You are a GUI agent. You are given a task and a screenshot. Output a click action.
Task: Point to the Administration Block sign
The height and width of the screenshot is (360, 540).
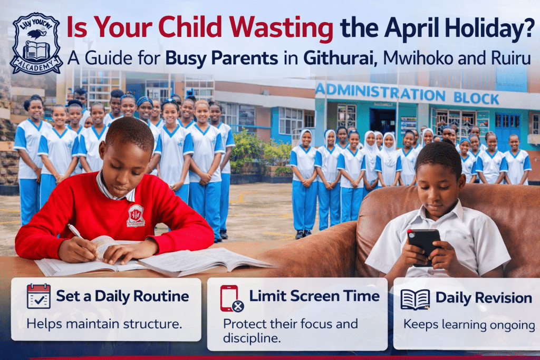(407, 93)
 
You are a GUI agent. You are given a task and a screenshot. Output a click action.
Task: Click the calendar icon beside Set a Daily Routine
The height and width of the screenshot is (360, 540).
(38, 296)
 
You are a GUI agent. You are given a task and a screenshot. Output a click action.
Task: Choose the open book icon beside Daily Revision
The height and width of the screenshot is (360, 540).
(415, 299)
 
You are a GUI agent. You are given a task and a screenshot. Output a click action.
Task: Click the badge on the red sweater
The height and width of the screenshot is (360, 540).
(136, 215)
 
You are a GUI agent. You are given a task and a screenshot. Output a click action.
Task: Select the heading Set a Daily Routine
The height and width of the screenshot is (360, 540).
(122, 296)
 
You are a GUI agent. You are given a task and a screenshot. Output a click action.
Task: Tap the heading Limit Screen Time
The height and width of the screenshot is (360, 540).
(314, 296)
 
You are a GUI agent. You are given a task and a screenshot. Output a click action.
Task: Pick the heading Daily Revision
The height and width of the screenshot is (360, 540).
(484, 298)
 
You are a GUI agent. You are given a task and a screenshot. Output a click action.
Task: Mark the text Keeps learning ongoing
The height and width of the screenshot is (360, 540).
(466, 324)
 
